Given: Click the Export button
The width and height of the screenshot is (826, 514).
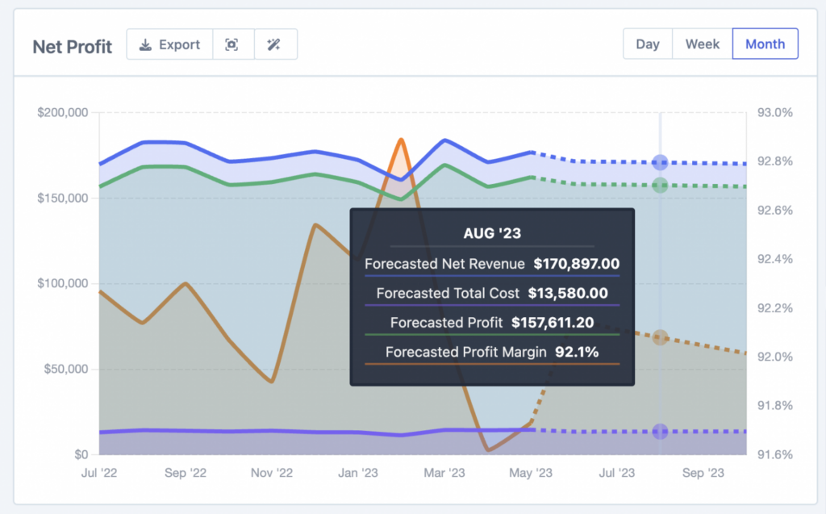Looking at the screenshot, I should tap(169, 44).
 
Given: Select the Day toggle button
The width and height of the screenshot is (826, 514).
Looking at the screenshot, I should tap(648, 44).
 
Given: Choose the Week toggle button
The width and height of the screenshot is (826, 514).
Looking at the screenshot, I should tap(702, 44).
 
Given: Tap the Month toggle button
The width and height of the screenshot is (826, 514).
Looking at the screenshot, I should tap(765, 44).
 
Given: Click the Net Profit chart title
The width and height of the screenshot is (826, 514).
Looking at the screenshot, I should tap(73, 47).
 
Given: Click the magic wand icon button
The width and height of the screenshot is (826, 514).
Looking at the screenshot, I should tap(275, 44).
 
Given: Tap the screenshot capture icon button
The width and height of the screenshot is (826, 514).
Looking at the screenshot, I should tap(232, 44).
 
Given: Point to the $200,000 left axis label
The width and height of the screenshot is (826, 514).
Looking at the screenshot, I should tap(63, 112).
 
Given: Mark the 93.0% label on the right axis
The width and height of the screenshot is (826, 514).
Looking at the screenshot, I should tap(774, 112).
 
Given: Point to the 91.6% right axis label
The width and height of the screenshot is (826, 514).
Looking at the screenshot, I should tap(774, 454).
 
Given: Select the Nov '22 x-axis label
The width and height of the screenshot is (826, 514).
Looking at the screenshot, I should tap(272, 473).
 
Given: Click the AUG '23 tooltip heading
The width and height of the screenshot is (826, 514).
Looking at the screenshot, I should tap(492, 233).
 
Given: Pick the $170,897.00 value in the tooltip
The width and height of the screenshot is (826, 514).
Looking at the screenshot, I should tap(577, 263).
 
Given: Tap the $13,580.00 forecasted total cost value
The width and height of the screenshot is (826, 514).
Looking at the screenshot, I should tap(568, 293).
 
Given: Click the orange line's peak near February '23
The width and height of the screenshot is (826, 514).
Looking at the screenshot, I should tap(400, 140).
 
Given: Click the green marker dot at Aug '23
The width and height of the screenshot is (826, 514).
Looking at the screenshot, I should tap(660, 186).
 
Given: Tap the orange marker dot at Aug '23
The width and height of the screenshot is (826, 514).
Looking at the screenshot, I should tap(660, 337).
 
